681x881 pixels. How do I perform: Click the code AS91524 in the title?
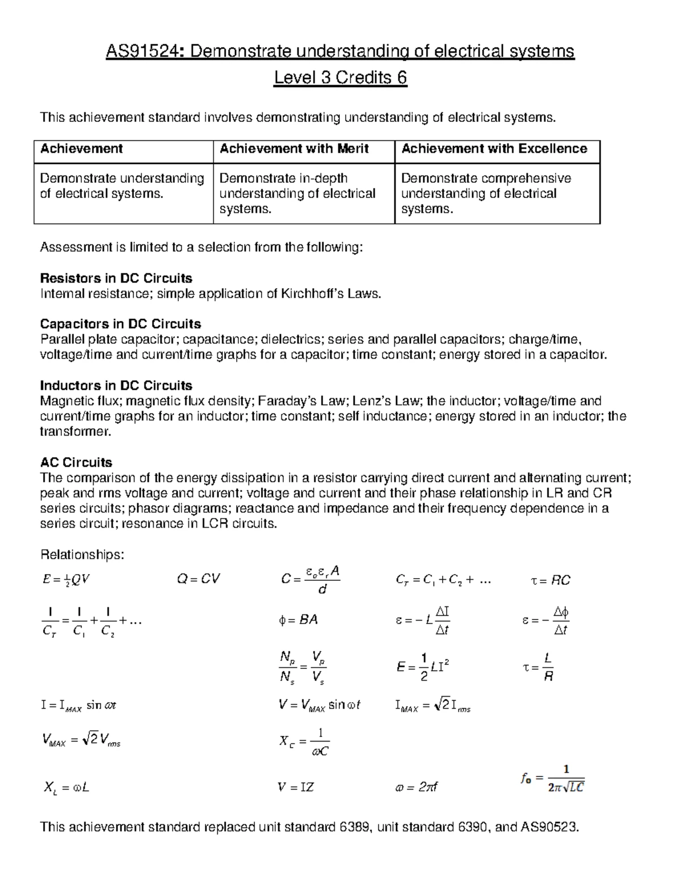(x=144, y=52)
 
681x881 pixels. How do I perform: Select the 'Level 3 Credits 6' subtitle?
(x=340, y=77)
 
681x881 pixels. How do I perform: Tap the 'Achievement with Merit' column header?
(x=294, y=149)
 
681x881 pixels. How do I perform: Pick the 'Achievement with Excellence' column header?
(x=494, y=149)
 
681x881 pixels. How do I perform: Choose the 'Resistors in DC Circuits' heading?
(x=116, y=279)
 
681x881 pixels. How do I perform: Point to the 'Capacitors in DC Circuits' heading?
(x=120, y=324)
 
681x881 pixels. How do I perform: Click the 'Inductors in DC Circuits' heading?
(x=116, y=386)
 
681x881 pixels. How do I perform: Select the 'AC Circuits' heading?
(x=76, y=462)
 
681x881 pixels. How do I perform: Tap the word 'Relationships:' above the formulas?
(x=82, y=554)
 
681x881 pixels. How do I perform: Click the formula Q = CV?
(x=198, y=579)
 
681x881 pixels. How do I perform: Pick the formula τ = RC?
(x=550, y=580)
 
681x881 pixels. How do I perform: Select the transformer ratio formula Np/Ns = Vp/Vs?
(x=303, y=667)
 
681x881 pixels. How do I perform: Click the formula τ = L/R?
(x=539, y=667)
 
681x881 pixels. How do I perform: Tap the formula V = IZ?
(x=296, y=787)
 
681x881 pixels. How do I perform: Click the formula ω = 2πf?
(x=415, y=787)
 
